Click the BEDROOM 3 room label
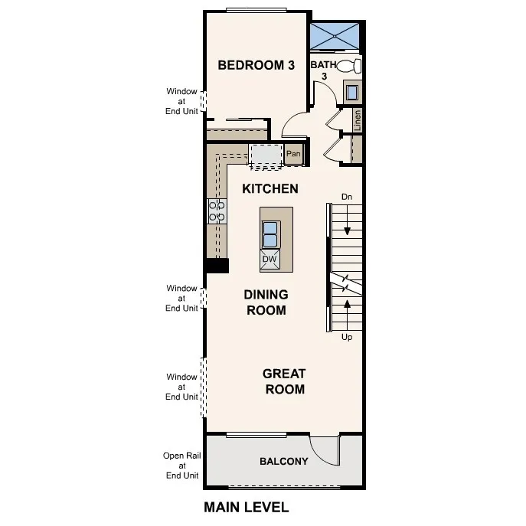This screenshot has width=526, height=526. [x=256, y=65]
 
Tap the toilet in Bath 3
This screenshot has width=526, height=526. [x=350, y=66]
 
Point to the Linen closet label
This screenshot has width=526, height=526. [x=357, y=119]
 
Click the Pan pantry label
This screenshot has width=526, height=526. [x=293, y=154]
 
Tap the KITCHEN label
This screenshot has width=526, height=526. [x=270, y=188]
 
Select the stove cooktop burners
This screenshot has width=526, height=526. [x=216, y=211]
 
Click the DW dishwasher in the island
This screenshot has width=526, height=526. [x=270, y=260]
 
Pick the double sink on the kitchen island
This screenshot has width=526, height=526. [x=270, y=233]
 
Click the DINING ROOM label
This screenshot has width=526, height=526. [x=266, y=302]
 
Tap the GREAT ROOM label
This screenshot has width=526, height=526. [x=283, y=381]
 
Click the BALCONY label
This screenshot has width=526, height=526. [x=283, y=461]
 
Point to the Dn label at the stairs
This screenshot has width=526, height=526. [x=347, y=197]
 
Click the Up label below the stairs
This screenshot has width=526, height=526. [x=347, y=337]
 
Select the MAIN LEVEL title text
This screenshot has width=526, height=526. [x=246, y=507]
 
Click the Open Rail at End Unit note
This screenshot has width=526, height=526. [x=182, y=465]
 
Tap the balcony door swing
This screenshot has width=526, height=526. [x=324, y=450]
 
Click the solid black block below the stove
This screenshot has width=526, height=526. [x=217, y=266]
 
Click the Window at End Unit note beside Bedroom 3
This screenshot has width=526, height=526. [x=182, y=101]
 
